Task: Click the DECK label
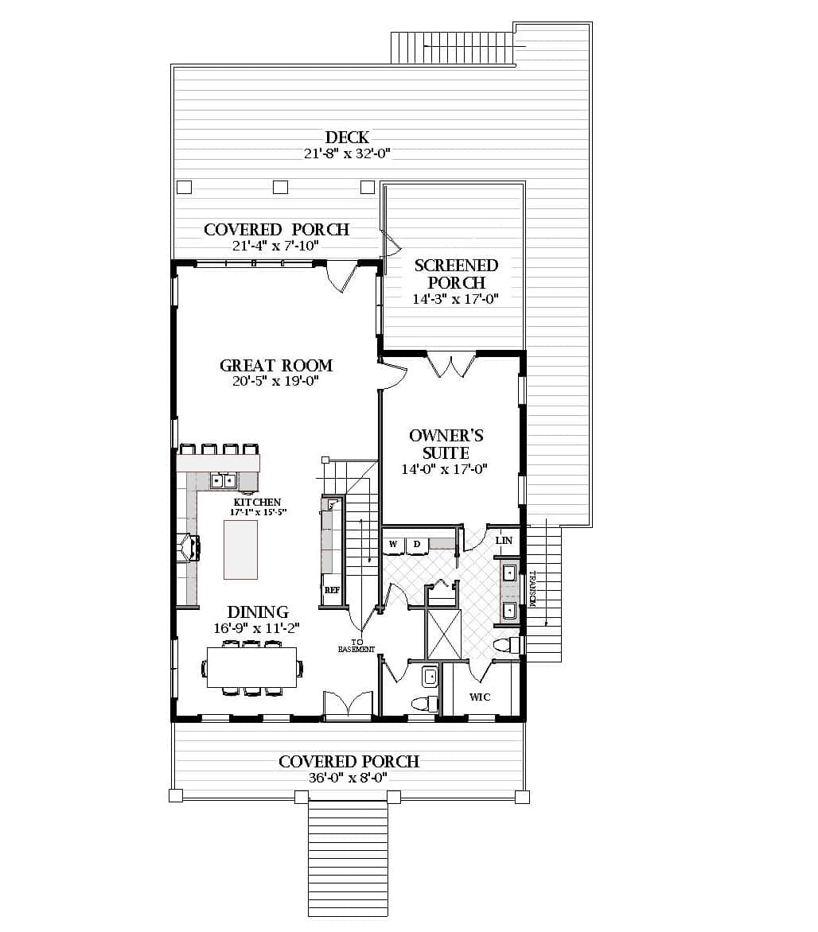click(x=347, y=138)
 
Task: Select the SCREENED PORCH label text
click(x=455, y=274)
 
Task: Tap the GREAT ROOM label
click(x=276, y=366)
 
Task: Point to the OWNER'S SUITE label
click(x=446, y=444)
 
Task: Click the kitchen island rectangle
click(x=240, y=549)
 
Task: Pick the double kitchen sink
click(x=223, y=480)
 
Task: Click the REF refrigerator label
click(x=332, y=591)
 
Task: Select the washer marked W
click(x=393, y=545)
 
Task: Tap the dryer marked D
click(x=416, y=545)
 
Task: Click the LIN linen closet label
click(x=503, y=541)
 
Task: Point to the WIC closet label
click(x=480, y=697)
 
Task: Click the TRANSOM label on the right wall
click(x=533, y=589)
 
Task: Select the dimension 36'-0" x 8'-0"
click(x=349, y=779)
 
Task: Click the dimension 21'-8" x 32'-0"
click(x=347, y=154)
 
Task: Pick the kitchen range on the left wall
click(x=188, y=549)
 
